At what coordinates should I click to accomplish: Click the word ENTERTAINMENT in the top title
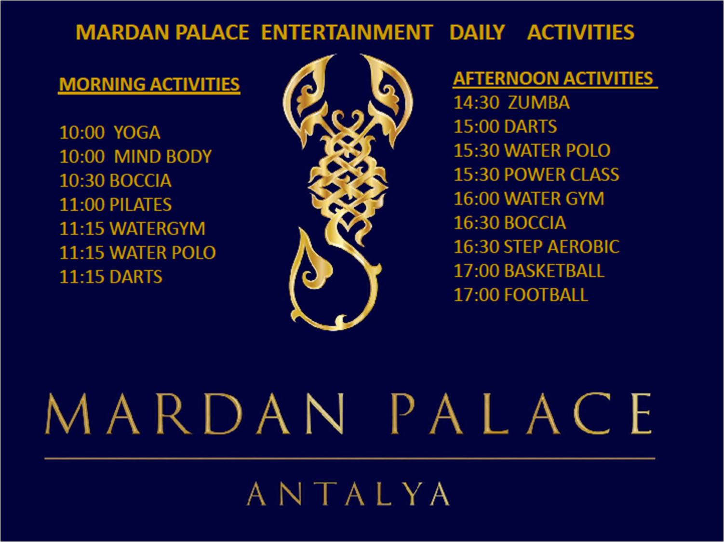[x=347, y=32]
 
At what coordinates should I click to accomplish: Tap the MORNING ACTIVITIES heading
[x=149, y=84]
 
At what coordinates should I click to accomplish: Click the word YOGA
[x=137, y=133]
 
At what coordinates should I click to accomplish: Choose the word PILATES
[x=141, y=204]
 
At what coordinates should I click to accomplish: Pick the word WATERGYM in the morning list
[x=157, y=229]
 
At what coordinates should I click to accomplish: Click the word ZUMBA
[x=538, y=103]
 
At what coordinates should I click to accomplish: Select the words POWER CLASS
[x=562, y=175]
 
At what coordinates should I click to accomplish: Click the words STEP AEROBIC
[x=562, y=247]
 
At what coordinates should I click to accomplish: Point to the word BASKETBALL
[x=554, y=271]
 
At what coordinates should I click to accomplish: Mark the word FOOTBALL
[x=546, y=295]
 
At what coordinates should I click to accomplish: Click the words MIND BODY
[x=162, y=157]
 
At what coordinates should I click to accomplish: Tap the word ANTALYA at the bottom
[x=349, y=494]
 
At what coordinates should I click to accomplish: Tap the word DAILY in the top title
[x=477, y=32]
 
